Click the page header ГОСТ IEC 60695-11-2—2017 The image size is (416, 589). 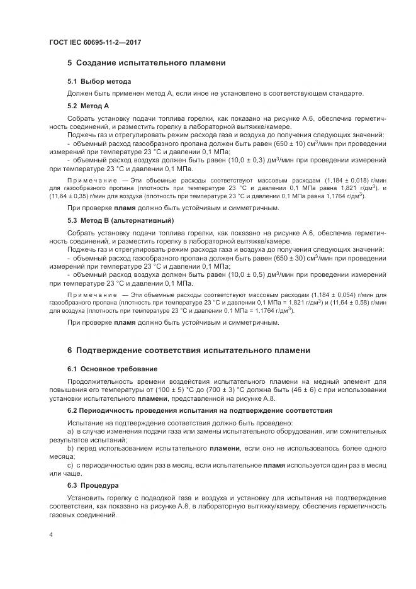(94, 42)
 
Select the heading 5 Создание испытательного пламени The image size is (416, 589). (146, 63)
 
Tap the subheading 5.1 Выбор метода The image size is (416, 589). (99, 82)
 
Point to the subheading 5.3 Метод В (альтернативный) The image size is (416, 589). (120, 221)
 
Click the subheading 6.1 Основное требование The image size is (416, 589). (112, 369)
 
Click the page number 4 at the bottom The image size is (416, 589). (51, 535)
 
